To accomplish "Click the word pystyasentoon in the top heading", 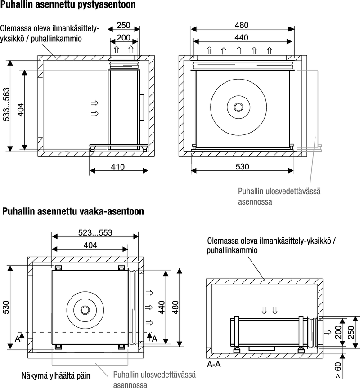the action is coord(107,4).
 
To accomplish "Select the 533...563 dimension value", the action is coord(6,105).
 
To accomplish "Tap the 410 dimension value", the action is coord(117,167).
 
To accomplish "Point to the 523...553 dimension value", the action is coord(95,232).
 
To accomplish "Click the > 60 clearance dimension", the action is coord(338,370).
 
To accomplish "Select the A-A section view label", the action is coord(214,364).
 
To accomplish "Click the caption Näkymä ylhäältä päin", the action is coord(56,375).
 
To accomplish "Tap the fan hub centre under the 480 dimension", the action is coord(238,107).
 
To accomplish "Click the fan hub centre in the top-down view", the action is coord(85,310).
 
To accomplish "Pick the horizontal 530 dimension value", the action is coord(242,166).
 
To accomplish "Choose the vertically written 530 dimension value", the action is coord(6,307).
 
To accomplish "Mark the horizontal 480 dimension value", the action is coord(242,25).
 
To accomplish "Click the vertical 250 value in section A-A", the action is coord(351,332).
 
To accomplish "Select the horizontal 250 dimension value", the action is coord(123,25).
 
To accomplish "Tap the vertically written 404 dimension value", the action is coord(21,110).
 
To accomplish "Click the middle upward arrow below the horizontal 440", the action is coord(239,50).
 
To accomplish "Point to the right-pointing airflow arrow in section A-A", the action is coord(328,332).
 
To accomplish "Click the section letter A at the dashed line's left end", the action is coord(18,339).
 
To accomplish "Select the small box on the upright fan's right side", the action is coord(142,107).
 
